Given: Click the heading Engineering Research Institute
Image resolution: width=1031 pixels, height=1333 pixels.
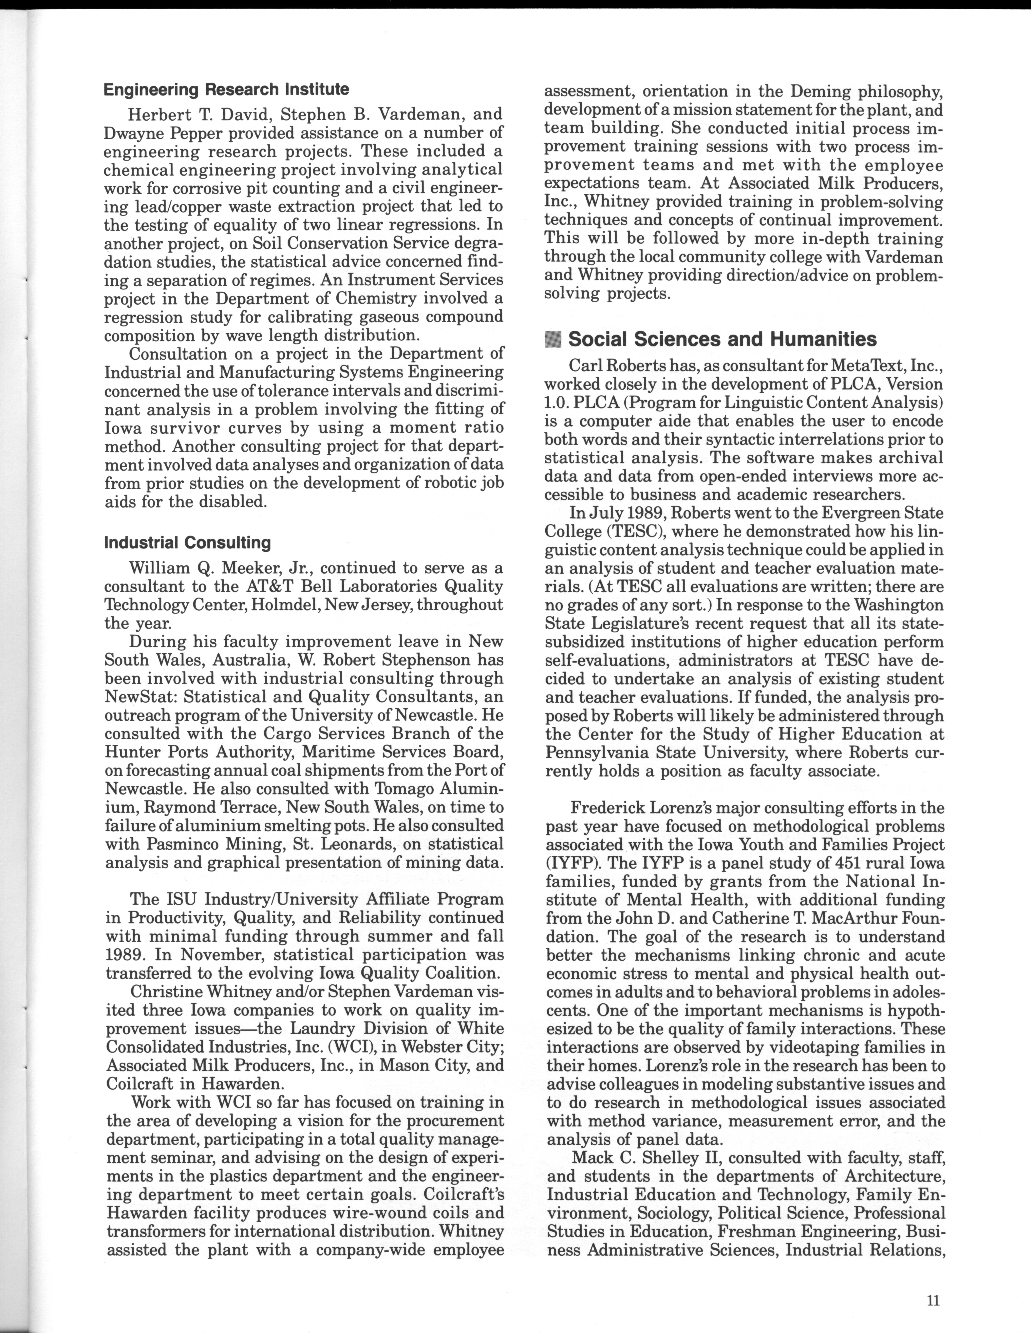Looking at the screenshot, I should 226,90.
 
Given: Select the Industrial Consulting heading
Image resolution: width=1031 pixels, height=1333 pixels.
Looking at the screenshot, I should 188,543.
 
